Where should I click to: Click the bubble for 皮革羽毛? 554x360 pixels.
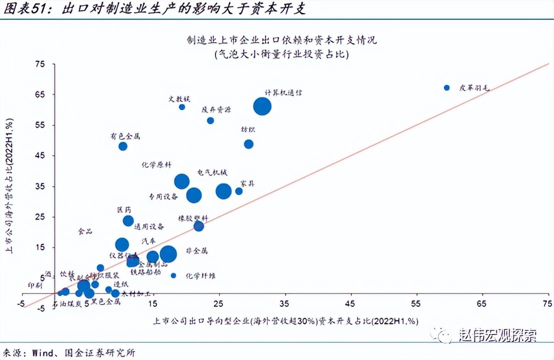click(x=447, y=87)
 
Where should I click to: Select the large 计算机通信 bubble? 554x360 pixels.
click(x=262, y=106)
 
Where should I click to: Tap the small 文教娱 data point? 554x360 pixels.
click(x=182, y=106)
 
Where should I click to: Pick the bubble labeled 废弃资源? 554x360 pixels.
click(x=210, y=120)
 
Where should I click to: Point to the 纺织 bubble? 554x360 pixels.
click(x=248, y=144)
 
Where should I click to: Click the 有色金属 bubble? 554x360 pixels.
click(x=123, y=146)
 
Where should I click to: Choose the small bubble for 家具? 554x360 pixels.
click(x=239, y=191)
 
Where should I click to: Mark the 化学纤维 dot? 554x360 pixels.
click(x=173, y=275)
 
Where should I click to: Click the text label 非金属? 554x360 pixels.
click(x=196, y=250)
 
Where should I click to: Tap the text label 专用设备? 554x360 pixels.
click(x=163, y=196)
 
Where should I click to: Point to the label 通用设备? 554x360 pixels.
click(x=150, y=226)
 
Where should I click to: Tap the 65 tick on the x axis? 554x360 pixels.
click(x=482, y=303)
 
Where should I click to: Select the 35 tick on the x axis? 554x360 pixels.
click(x=284, y=303)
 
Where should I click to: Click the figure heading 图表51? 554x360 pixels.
click(x=23, y=9)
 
